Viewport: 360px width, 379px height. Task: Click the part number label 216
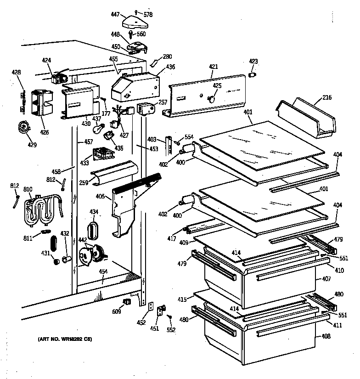(x=326, y=97)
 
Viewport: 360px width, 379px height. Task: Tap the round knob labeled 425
(x=212, y=98)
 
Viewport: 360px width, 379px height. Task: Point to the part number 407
(x=326, y=279)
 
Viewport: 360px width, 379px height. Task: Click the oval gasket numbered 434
(x=93, y=229)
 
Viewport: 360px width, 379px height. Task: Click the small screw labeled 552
(x=169, y=317)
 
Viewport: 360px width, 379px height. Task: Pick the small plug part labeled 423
(x=252, y=74)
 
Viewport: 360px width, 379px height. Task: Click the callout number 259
(x=83, y=183)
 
